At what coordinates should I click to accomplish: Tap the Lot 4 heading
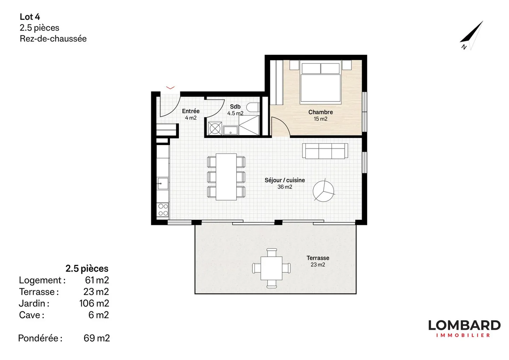tap(30, 17)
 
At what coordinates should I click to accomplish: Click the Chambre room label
tap(320, 112)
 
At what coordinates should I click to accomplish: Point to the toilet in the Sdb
tap(252, 107)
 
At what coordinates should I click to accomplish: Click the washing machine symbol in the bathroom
tap(215, 128)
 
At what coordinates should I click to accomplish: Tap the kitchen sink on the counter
tap(162, 184)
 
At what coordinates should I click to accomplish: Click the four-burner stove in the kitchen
tap(163, 210)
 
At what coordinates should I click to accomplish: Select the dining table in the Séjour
tap(226, 176)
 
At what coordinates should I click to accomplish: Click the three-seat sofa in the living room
tap(325, 151)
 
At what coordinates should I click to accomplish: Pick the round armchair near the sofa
tap(323, 191)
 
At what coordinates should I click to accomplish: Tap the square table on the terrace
tap(271, 268)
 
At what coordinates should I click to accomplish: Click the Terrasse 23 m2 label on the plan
tap(318, 261)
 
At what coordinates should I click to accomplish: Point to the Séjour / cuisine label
tap(285, 180)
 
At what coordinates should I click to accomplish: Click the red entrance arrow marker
tap(170, 87)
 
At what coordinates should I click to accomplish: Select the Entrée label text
tap(191, 111)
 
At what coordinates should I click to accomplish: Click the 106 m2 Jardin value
tap(94, 303)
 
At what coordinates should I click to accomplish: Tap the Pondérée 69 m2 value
tap(96, 338)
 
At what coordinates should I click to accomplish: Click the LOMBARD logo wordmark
tap(464, 325)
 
